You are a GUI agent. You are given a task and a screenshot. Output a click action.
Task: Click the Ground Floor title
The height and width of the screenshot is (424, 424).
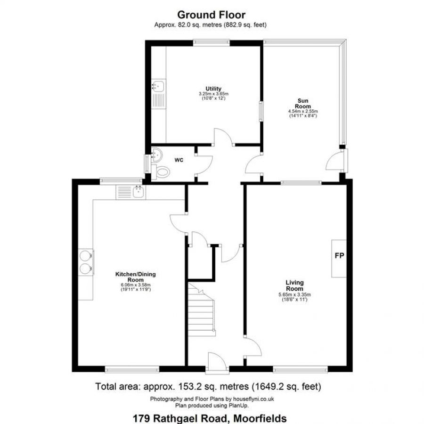click(x=212, y=15)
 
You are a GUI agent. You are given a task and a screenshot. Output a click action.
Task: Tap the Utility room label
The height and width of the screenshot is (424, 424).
click(x=213, y=89)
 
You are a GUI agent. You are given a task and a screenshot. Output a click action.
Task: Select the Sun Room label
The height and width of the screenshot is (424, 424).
click(x=303, y=104)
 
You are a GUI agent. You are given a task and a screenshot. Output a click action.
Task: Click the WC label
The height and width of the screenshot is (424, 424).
click(x=179, y=160)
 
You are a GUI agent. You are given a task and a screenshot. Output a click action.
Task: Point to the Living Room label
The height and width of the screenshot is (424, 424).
click(x=295, y=285)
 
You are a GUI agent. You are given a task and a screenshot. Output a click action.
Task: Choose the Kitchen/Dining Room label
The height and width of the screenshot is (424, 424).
click(x=136, y=277)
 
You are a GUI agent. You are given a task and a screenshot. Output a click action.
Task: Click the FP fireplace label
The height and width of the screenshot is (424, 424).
click(x=339, y=255)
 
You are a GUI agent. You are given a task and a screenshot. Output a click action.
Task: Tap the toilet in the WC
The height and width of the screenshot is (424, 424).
click(x=161, y=171)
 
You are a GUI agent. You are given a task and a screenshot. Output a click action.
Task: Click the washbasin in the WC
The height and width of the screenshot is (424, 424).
click(x=156, y=155)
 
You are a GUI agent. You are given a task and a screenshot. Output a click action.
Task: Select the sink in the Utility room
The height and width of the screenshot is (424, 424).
click(x=158, y=86)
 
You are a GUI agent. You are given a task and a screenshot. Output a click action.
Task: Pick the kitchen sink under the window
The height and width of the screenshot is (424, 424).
click(x=139, y=192)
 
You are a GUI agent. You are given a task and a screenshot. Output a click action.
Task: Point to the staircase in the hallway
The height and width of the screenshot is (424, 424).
click(x=202, y=309)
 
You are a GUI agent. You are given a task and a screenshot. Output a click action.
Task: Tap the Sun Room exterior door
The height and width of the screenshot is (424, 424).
click(x=336, y=162)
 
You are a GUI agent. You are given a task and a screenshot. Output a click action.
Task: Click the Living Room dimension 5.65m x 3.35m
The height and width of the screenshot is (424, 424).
click(x=295, y=295)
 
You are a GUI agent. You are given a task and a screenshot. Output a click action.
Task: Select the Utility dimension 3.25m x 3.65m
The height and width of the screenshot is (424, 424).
click(x=213, y=94)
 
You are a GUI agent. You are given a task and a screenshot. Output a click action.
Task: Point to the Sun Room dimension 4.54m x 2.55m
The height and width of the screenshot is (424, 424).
click(x=303, y=111)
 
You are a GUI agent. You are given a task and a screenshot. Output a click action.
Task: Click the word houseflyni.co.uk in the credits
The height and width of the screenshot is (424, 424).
click(x=253, y=399)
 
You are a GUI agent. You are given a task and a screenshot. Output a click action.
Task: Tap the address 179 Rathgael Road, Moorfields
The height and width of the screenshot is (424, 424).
click(x=210, y=418)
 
